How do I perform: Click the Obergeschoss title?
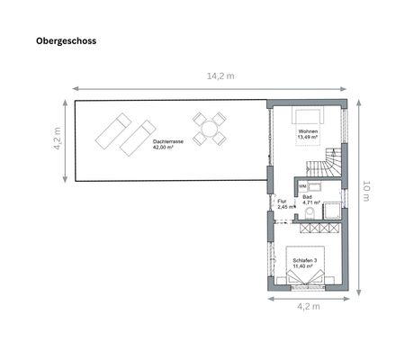point(66,40)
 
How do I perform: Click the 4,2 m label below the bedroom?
point(309,307)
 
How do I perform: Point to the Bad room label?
point(307,197)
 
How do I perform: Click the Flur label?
point(282,202)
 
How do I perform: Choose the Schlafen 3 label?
point(305,261)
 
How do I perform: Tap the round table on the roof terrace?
point(210,129)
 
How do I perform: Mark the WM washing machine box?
point(302,186)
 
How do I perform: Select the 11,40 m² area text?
point(305,267)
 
